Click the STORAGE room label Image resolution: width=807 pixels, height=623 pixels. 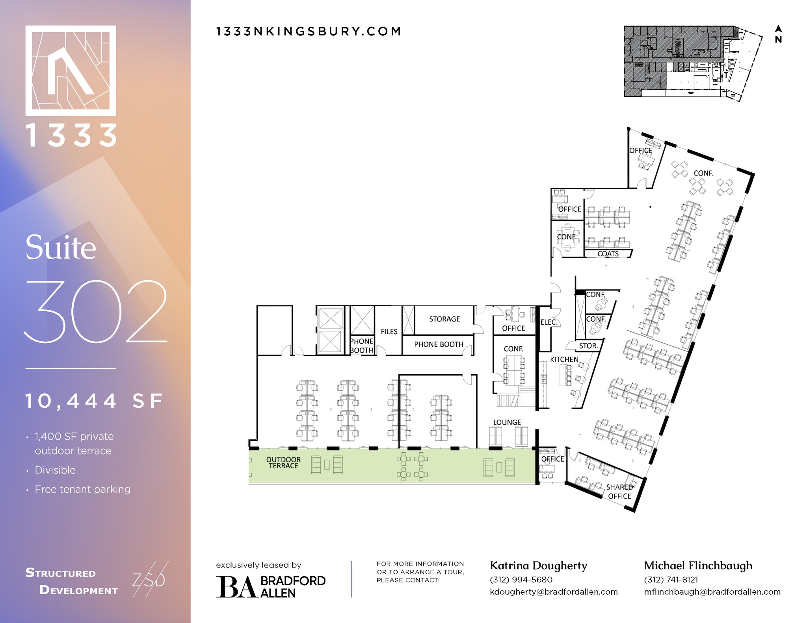tap(444, 319)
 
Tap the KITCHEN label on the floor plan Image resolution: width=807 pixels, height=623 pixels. tap(564, 359)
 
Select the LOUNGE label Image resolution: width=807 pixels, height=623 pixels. tap(507, 422)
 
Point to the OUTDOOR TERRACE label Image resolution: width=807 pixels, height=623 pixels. tap(283, 462)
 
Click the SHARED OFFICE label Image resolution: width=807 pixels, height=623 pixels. tap(619, 492)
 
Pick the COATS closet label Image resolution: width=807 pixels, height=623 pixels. tap(608, 254)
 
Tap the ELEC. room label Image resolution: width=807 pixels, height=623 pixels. tap(549, 322)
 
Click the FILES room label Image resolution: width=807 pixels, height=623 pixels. tap(389, 332)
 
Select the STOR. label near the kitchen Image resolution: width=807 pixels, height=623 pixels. tap(588, 346)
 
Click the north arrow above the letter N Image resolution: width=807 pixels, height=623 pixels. tap(778, 29)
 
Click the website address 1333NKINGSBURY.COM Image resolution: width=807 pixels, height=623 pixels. tap(309, 31)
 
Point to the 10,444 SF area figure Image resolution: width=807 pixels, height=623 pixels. tap(94, 401)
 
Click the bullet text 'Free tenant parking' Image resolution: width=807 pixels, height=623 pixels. tap(82, 489)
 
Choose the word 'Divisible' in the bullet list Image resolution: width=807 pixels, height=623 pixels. tap(55, 470)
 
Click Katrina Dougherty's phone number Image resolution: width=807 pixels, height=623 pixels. tap(521, 580)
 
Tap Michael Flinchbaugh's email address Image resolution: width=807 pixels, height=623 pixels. tap(712, 592)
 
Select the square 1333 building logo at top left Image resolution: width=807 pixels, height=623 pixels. tap(71, 71)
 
